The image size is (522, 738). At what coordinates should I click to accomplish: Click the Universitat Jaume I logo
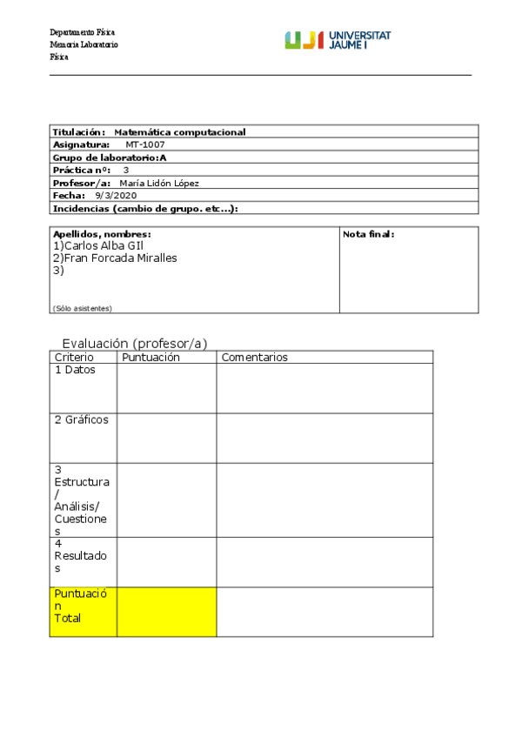tap(338, 40)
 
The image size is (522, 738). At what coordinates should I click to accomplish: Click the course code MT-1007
tap(144, 144)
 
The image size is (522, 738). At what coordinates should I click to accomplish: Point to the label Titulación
tap(79, 132)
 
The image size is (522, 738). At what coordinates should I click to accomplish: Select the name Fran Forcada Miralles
tap(115, 258)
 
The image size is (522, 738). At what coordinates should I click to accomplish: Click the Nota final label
tap(369, 234)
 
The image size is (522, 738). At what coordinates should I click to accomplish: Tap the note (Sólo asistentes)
tap(83, 308)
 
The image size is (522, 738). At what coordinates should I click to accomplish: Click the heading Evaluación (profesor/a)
tap(135, 343)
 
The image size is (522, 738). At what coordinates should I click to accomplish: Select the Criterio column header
tap(74, 357)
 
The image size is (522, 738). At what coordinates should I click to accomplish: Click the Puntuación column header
tap(151, 357)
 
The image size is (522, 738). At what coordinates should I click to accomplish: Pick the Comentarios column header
tap(254, 357)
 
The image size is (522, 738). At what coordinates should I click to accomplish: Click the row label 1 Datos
tap(75, 370)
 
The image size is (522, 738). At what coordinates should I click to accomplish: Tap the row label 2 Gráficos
tap(81, 419)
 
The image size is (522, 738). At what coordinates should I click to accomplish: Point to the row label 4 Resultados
tap(79, 555)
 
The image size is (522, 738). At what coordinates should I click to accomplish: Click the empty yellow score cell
tap(166, 612)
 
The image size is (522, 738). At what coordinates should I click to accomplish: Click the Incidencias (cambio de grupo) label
tap(145, 209)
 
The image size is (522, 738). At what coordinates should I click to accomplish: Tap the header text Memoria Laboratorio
tap(84, 45)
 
